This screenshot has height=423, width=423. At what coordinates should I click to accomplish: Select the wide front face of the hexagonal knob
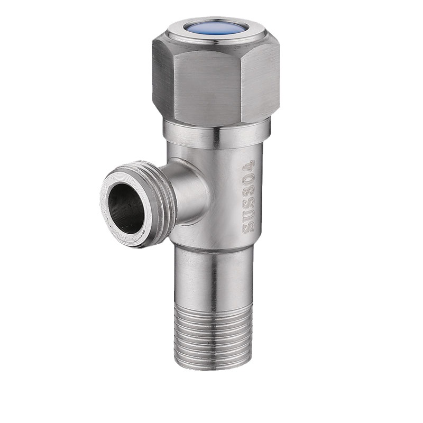(x=207, y=86)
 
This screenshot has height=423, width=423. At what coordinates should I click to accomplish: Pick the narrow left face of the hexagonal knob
(x=163, y=77)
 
